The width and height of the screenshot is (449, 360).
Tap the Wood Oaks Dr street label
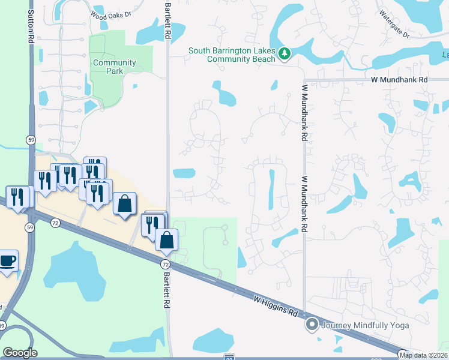point(110,14)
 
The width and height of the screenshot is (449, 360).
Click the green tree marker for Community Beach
point(285,55)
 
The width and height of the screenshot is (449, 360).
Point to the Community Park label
point(114,67)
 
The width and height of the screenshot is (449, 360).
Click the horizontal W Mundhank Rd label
point(399,79)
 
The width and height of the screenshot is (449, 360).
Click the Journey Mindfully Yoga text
point(365,326)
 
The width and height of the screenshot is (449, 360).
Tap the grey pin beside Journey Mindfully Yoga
point(312,325)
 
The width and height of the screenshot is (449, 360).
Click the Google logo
point(20,353)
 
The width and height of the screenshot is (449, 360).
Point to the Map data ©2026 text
point(423,355)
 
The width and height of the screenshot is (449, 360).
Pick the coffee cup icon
point(8,261)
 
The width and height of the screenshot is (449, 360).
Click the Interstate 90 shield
point(229,356)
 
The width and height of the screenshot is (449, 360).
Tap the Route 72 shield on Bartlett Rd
point(165,264)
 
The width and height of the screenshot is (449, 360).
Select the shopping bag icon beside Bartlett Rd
point(166,239)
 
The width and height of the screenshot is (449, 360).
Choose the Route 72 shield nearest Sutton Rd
point(55,223)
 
